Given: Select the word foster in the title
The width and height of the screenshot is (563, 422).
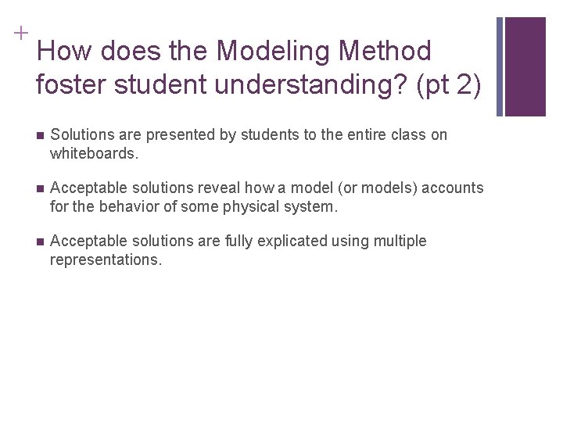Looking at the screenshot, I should click(71, 84).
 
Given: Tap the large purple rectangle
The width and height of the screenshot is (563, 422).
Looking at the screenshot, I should click(525, 66).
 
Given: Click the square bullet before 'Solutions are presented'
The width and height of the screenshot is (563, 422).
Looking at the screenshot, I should click(40, 136).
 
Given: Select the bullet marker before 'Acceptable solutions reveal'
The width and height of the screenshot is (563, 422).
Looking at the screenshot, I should click(40, 189).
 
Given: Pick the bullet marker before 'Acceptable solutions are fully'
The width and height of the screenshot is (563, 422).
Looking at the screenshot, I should click(40, 242).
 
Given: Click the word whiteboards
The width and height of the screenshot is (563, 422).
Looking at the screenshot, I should click(94, 154).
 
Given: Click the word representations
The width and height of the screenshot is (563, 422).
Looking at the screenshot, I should click(106, 260).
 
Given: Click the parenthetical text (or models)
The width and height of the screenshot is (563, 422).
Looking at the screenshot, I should click(369, 188).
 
